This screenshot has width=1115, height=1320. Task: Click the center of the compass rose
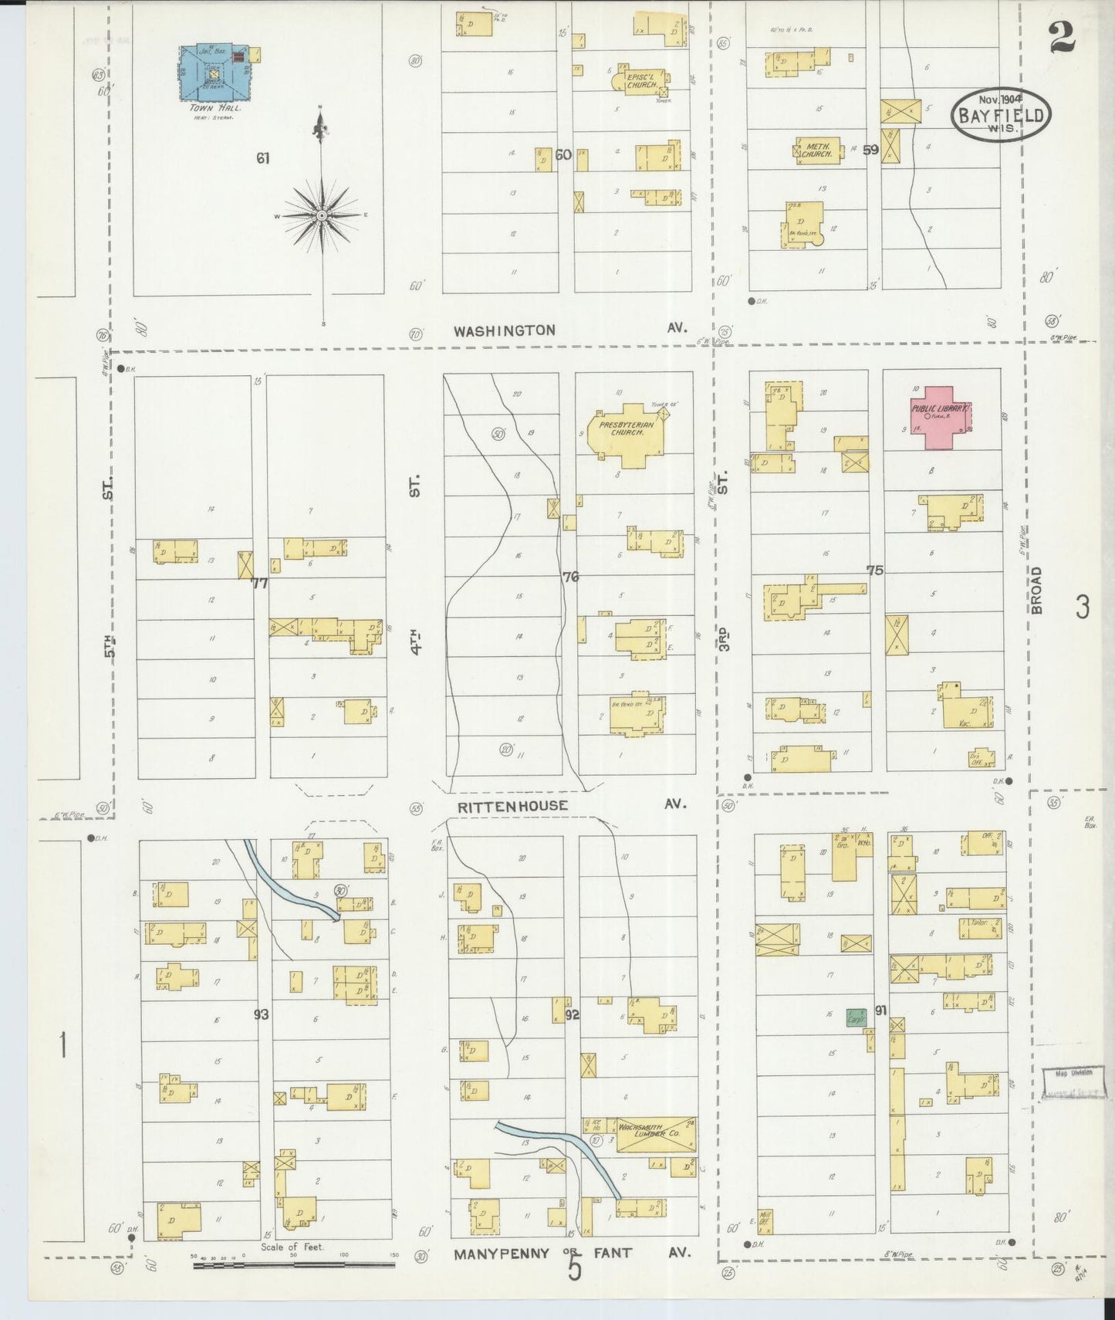point(322,215)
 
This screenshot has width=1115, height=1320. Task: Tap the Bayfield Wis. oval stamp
point(1001,113)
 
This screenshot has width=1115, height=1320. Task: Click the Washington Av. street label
point(504,330)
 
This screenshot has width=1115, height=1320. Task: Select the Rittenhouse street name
point(512,806)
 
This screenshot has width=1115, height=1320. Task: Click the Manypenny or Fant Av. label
point(571,1253)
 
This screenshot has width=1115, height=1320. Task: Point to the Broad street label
point(1036,590)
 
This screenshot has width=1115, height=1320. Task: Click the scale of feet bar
point(293,1264)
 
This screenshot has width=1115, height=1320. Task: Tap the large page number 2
point(1063,37)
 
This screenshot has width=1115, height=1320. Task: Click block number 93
point(262,1014)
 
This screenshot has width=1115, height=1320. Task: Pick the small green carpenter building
point(855,1018)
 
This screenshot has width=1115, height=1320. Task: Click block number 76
point(570,576)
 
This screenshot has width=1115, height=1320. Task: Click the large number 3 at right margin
point(1082,608)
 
